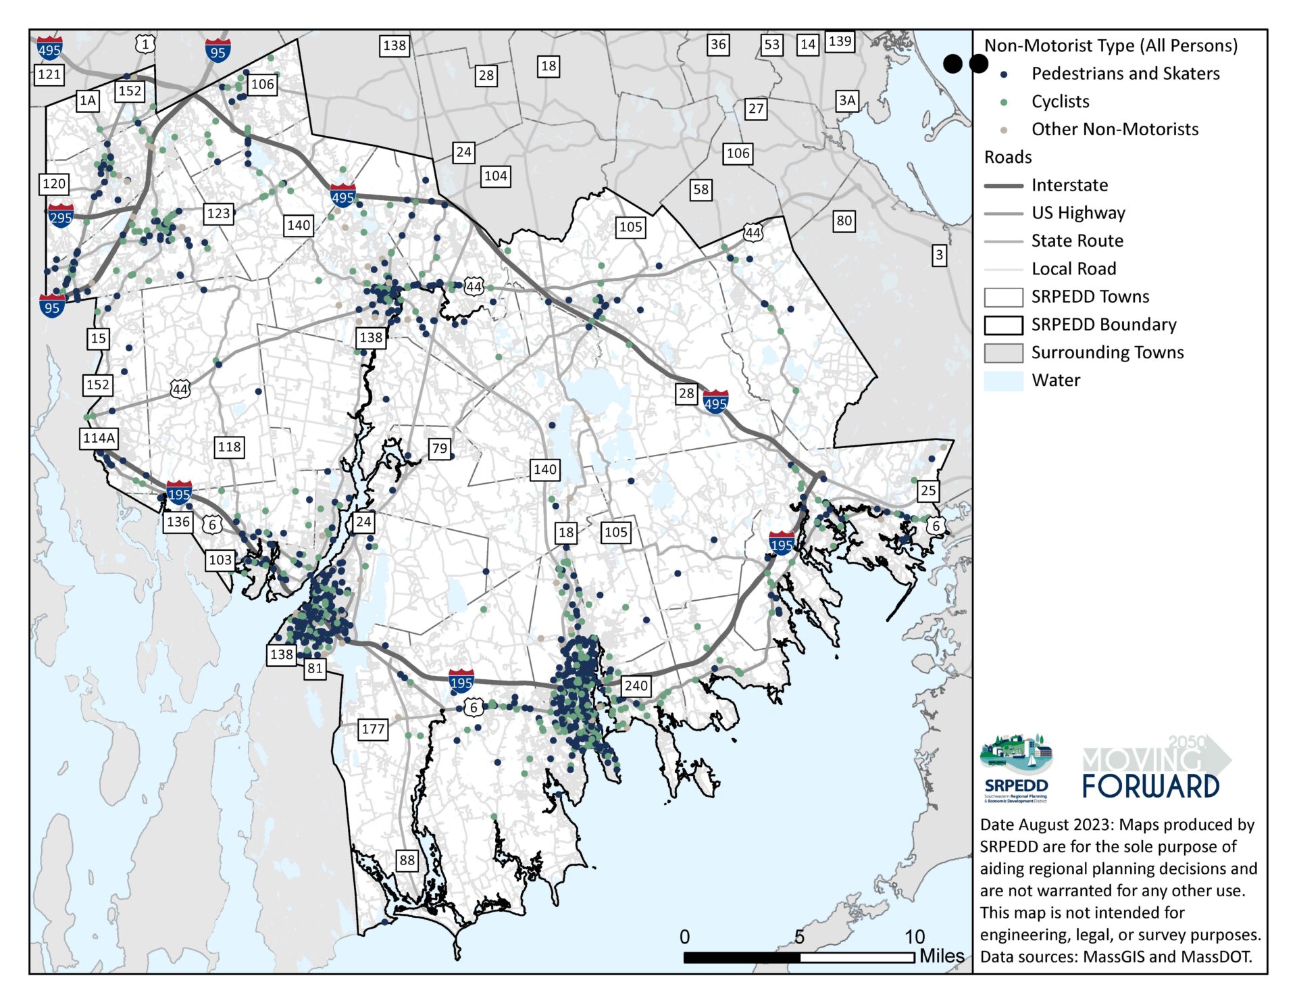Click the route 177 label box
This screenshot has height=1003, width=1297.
[x=373, y=729]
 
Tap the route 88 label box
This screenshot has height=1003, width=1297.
[x=407, y=860]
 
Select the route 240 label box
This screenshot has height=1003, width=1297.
[x=636, y=685]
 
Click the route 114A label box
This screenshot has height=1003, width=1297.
[x=99, y=438]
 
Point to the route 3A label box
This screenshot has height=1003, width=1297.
[x=846, y=101]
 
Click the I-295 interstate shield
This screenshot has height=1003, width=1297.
[x=61, y=216]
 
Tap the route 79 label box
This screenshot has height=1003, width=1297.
[x=439, y=448]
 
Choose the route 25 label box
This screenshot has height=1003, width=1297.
[x=928, y=491]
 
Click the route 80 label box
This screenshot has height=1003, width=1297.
[x=844, y=220]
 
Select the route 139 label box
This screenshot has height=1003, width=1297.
[x=840, y=41]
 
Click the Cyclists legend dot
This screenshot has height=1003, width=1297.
[x=1003, y=102]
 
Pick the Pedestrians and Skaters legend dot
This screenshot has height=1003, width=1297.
[x=1003, y=74]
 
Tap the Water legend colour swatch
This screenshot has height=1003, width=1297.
[x=1003, y=381]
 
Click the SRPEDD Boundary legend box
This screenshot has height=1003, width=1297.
[x=1003, y=325]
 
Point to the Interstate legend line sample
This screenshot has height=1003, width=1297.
[x=1003, y=186]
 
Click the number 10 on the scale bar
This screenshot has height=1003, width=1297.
[x=914, y=937]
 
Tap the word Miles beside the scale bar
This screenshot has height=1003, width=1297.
[x=942, y=956]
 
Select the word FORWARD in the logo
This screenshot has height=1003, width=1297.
[x=1150, y=787]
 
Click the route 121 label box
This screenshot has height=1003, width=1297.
[x=49, y=74]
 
